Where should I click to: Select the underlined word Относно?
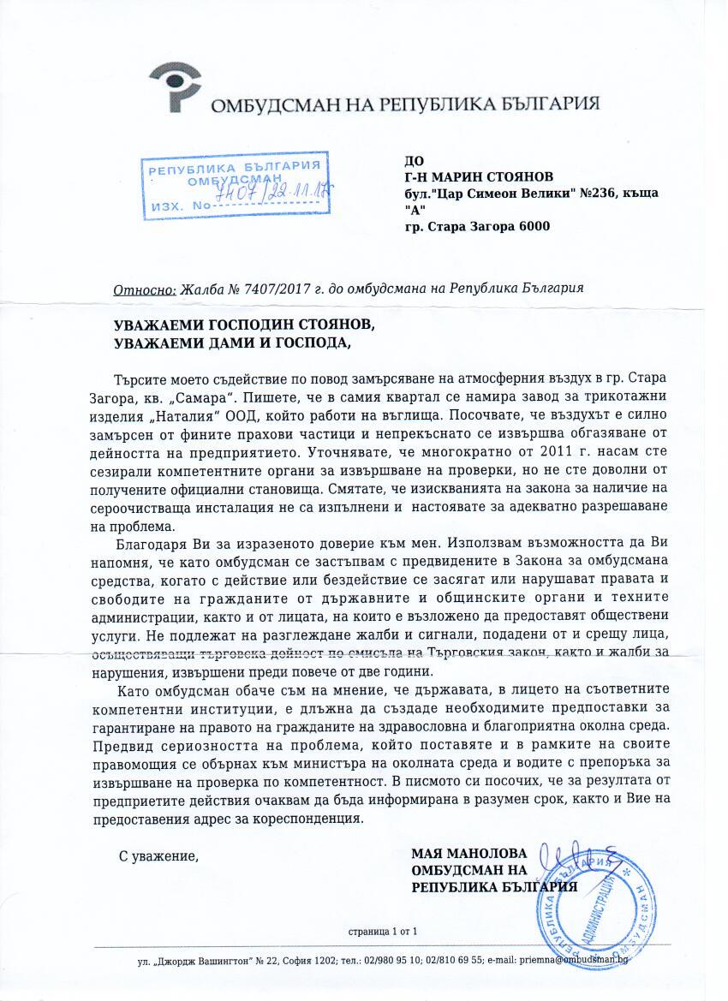145,289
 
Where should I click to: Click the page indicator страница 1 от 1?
383,930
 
